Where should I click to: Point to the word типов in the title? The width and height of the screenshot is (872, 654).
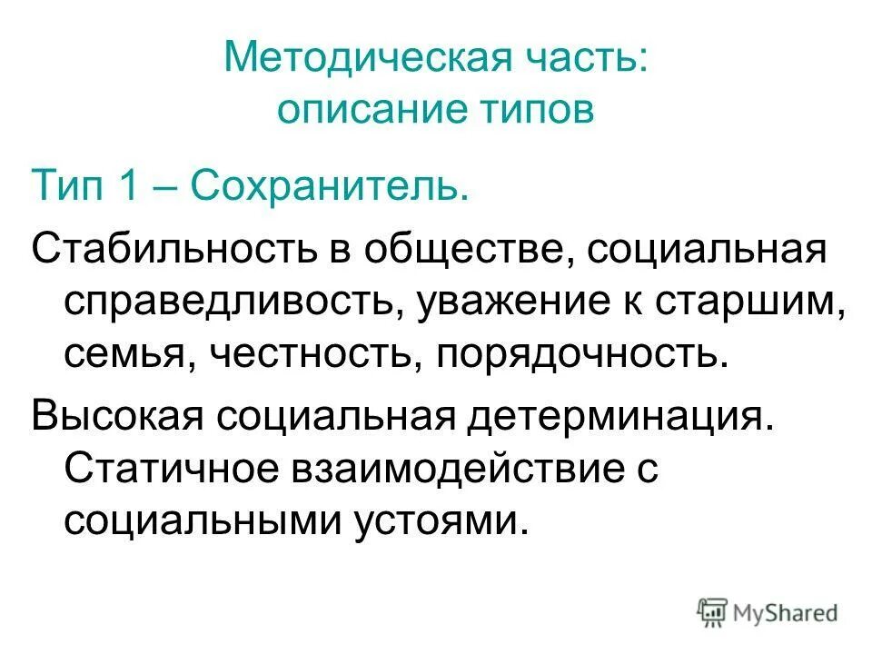pos(537,111)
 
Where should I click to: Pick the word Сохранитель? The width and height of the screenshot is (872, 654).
pos(332,187)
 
